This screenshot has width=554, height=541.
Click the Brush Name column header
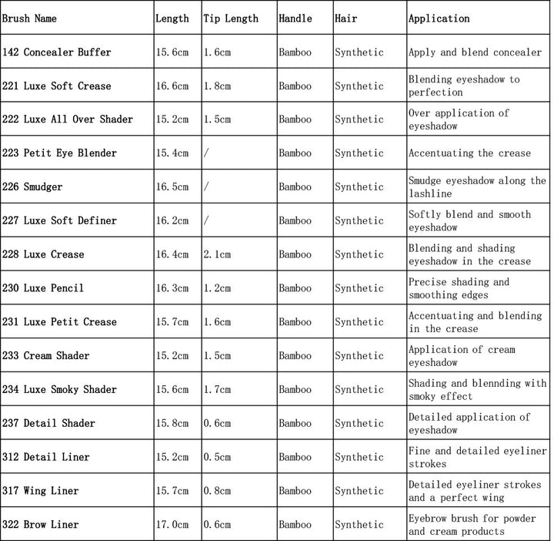(29, 18)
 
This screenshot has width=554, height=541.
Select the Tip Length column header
(231, 18)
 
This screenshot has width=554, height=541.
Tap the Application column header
(439, 18)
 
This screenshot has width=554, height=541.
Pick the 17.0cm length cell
(172, 524)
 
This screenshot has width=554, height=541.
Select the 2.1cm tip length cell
(217, 254)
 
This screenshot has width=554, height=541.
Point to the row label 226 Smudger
(32, 186)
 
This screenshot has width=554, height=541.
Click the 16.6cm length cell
(172, 86)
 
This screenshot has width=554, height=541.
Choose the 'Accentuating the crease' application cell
(469, 153)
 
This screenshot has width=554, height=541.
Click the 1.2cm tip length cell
(217, 288)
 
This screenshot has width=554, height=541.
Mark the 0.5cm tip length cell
(217, 456)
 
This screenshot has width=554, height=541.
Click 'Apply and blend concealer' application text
(475, 52)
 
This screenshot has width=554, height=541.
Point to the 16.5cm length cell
(172, 186)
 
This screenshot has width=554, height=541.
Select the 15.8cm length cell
(172, 423)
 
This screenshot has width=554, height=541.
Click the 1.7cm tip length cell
(217, 389)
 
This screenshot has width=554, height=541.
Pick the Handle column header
(295, 18)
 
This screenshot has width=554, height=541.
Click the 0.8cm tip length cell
(217, 490)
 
